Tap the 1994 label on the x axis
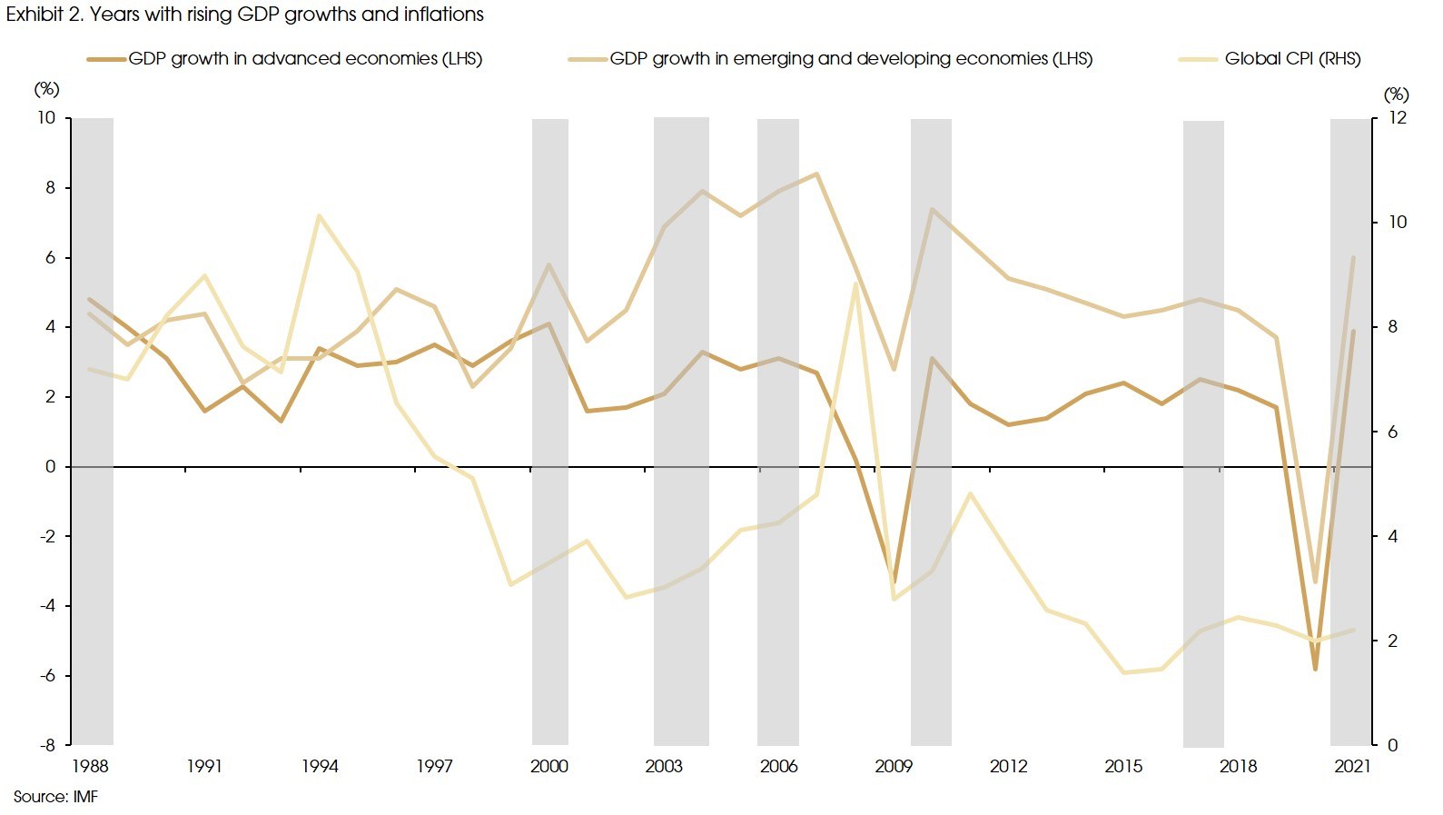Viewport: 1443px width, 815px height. pyautogui.click(x=320, y=766)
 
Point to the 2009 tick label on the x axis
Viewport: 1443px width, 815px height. pyautogui.click(x=894, y=766)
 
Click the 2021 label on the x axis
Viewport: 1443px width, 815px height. pyautogui.click(x=1352, y=766)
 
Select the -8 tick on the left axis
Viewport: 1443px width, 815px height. pyautogui.click(x=45, y=745)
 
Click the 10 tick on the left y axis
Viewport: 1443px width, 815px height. pyautogui.click(x=45, y=118)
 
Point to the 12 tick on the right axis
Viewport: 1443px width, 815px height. pyautogui.click(x=1397, y=118)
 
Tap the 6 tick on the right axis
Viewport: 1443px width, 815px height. pyautogui.click(x=1392, y=432)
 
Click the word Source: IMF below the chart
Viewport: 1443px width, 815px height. pyautogui.click(x=55, y=797)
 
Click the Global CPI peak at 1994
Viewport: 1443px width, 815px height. pyautogui.click(x=319, y=216)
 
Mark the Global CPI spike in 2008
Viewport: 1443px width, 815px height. pyautogui.click(x=855, y=284)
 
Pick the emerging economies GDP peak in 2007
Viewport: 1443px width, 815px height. pyautogui.click(x=817, y=174)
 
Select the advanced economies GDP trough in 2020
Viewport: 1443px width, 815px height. pyautogui.click(x=1314, y=670)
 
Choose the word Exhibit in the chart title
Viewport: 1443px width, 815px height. pyautogui.click(x=35, y=15)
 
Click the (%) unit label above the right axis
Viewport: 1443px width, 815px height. pyautogui.click(x=1396, y=94)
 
